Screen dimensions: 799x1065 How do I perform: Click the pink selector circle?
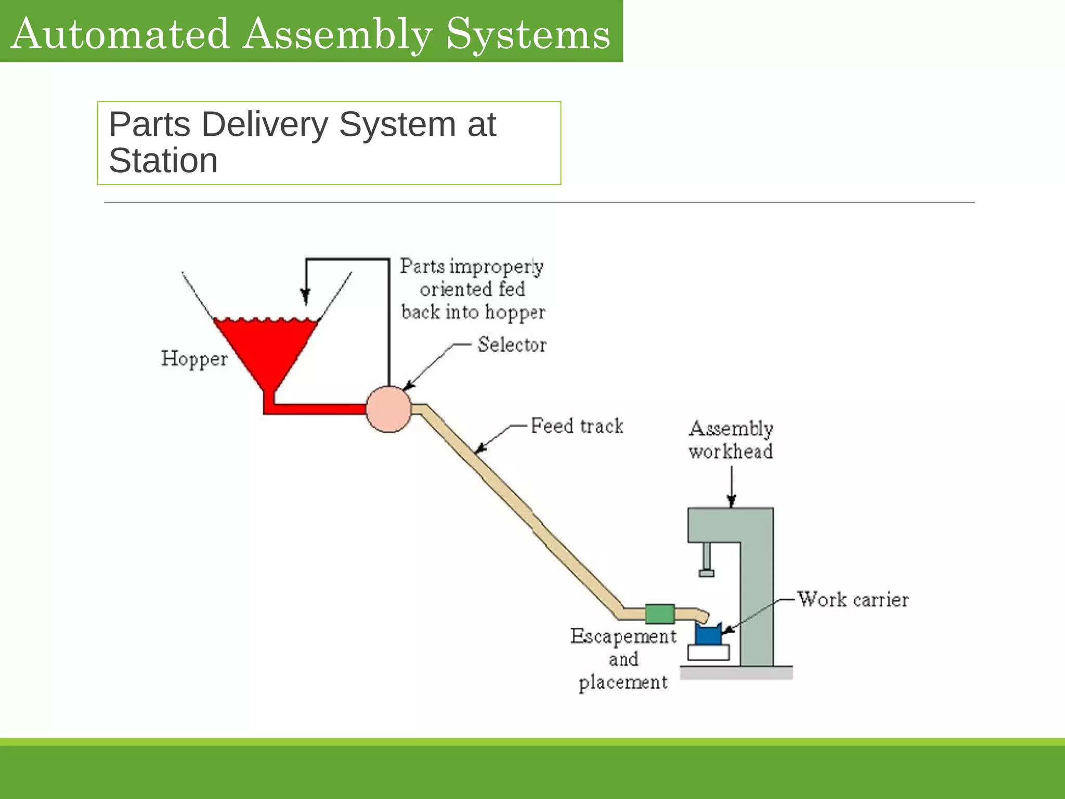pos(388,409)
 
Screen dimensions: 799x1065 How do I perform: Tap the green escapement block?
pos(659,614)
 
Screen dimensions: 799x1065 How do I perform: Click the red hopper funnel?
pos(265,349)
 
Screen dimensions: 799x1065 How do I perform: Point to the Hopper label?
pos(194,359)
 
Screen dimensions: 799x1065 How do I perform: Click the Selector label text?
pos(512,344)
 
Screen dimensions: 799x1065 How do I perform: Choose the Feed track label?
pos(577,426)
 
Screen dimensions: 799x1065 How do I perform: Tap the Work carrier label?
pos(853,599)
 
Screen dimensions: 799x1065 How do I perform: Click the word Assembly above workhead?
pos(731,429)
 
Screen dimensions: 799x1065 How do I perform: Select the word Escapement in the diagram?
pos(623,636)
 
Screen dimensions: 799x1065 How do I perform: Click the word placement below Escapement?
pos(623,682)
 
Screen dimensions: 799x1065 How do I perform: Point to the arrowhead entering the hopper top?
pos(306,298)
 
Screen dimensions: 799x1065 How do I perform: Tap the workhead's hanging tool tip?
pos(706,573)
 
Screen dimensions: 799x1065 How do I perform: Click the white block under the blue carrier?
pos(708,652)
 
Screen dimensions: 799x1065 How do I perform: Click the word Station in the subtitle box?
pos(163,160)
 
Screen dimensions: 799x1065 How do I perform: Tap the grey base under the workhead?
pos(736,673)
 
